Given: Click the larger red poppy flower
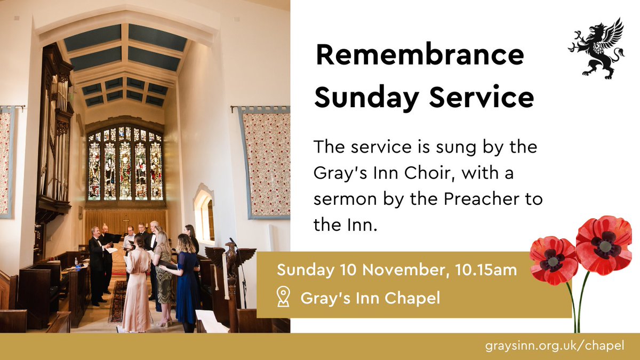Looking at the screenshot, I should pos(603,245).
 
